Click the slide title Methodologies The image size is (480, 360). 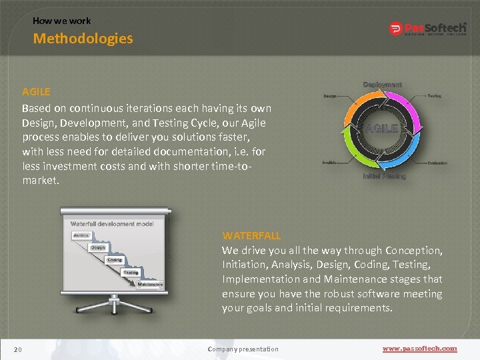tap(83, 39)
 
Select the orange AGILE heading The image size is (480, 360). tap(36, 91)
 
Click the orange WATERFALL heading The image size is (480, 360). tap(251, 235)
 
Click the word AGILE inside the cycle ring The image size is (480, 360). tap(381, 128)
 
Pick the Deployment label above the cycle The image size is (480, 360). tap(382, 85)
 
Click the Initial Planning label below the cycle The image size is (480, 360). tap(384, 177)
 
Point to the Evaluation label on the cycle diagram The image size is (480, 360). tap(437, 163)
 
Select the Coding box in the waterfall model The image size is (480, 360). tap(114, 259)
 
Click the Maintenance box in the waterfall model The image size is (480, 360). tap(150, 284)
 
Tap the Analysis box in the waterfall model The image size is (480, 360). tap(81, 235)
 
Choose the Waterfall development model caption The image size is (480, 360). tap(111, 223)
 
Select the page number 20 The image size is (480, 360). tap(17, 349)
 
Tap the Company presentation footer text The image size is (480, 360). tap(243, 349)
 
